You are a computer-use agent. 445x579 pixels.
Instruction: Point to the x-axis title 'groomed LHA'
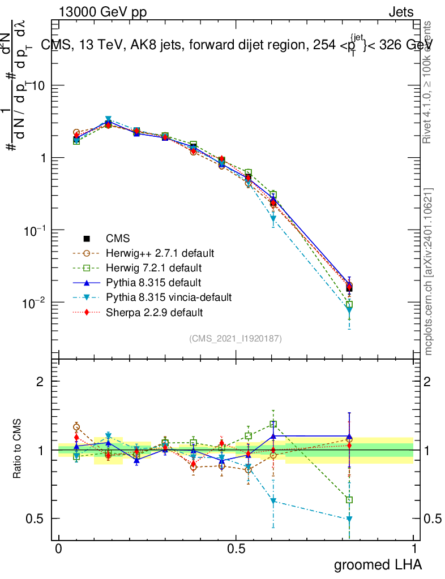click(378, 564)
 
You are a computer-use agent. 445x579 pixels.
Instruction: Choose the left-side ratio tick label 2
click(40, 382)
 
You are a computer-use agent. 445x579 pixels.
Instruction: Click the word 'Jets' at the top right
click(401, 12)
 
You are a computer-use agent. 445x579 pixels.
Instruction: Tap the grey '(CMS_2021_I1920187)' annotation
click(236, 338)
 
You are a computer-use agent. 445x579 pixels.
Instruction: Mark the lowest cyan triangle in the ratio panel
click(349, 518)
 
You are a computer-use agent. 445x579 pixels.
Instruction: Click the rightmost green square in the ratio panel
click(349, 500)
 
